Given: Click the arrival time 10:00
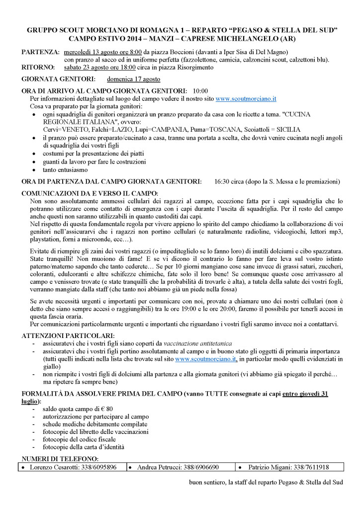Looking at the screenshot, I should (200, 91).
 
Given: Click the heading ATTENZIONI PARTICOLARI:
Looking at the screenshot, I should (68, 336).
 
